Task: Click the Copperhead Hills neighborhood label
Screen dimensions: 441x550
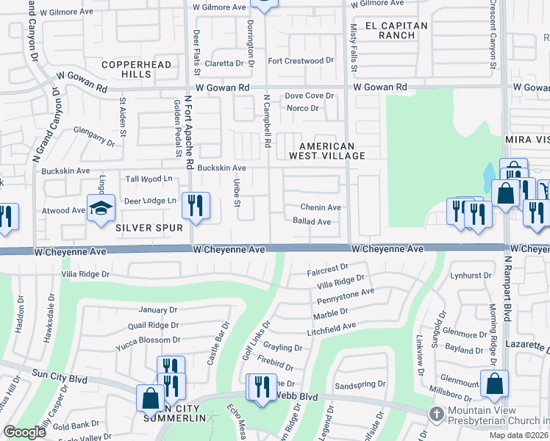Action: point(136,70)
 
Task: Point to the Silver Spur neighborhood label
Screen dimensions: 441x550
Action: point(149,228)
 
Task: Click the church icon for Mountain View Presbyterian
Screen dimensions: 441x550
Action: point(436,415)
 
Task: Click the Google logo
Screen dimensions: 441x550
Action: point(24,432)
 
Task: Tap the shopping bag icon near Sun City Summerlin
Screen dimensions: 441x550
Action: point(151,398)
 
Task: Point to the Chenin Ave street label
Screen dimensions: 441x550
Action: point(320,207)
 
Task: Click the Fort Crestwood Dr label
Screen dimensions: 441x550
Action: point(300,61)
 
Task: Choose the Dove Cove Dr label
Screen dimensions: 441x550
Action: point(310,96)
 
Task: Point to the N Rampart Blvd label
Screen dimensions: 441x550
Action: point(507,288)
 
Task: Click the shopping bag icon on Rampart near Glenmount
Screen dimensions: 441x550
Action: point(494,382)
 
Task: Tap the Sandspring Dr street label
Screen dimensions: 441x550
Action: point(360,384)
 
